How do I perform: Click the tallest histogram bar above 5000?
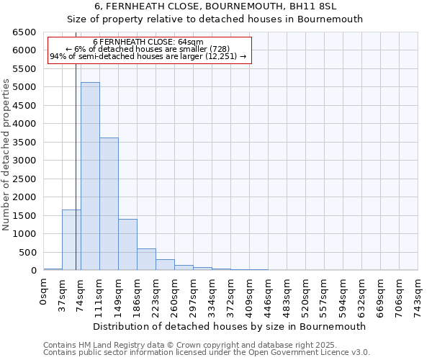(x=90, y=176)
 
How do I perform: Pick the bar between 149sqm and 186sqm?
(x=127, y=245)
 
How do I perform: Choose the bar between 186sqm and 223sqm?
(x=146, y=259)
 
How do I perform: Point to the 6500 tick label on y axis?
(x=24, y=32)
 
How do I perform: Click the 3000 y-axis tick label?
(x=24, y=161)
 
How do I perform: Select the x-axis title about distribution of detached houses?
(x=230, y=326)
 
